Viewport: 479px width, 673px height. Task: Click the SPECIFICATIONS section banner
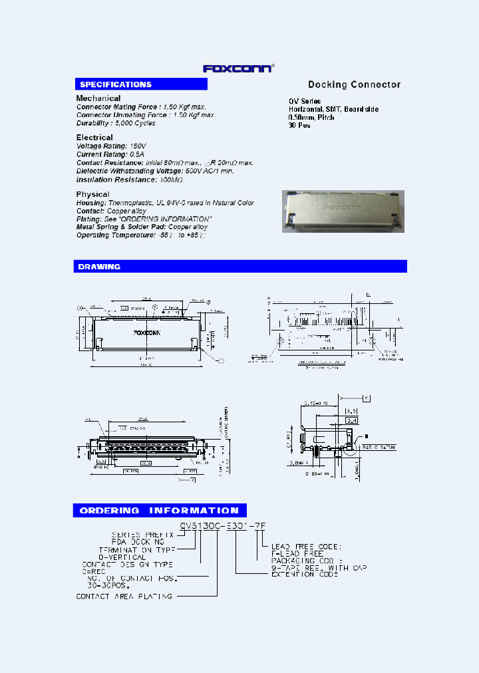point(140,84)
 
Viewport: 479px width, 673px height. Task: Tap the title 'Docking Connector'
point(354,84)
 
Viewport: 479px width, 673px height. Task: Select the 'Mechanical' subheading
point(98,98)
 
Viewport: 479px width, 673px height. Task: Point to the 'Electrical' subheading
point(94,138)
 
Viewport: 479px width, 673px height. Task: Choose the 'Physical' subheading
point(92,194)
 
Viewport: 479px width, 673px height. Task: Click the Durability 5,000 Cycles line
point(116,123)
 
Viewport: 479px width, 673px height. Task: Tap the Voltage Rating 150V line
point(111,146)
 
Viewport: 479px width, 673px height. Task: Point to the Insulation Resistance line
point(129,180)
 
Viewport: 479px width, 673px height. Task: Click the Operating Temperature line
point(141,235)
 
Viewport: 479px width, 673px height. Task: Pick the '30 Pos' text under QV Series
point(298,125)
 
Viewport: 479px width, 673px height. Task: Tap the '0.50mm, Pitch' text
point(311,117)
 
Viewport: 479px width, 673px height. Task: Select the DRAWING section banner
point(239,267)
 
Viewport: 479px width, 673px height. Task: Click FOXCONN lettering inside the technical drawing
point(147,332)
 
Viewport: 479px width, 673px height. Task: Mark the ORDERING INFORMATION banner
point(160,511)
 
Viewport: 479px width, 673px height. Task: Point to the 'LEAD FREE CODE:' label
point(306,547)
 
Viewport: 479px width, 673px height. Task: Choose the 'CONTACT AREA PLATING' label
point(124,597)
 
